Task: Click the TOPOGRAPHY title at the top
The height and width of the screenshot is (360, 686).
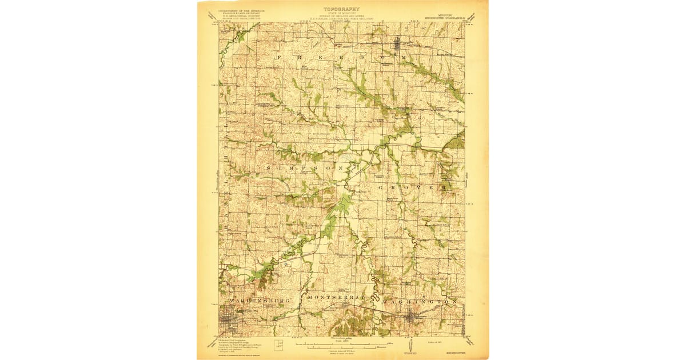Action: coord(341,9)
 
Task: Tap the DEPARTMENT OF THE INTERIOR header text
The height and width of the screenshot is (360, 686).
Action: coord(233,11)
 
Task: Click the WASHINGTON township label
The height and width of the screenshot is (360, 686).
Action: coord(419,301)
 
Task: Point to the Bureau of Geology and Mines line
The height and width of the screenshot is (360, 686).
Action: coord(341,15)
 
